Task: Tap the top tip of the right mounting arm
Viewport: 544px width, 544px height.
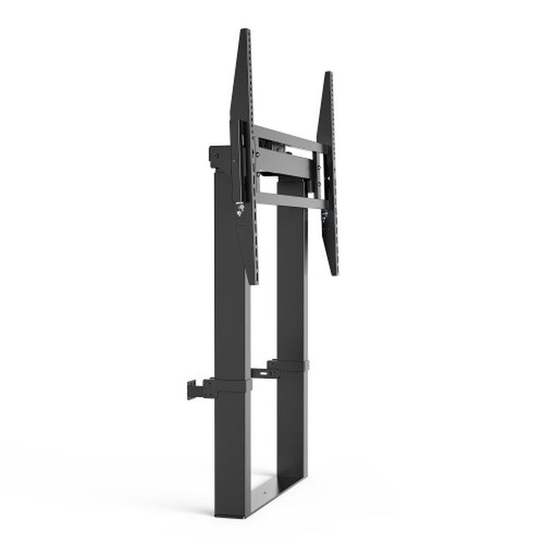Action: [328, 74]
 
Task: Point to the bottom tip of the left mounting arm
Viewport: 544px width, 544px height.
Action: [254, 281]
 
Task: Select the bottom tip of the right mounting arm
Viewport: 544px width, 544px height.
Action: [335, 273]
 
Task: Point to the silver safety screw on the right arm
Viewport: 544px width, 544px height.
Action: [324, 217]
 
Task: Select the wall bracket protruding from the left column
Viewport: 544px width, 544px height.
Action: [198, 390]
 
